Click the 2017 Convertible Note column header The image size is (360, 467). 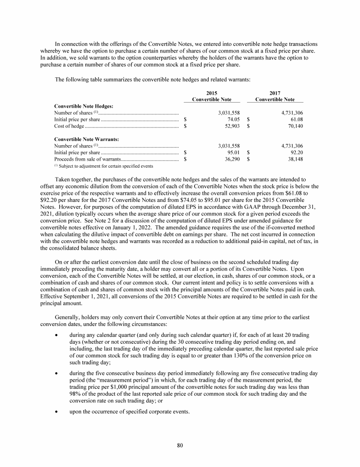[275, 96]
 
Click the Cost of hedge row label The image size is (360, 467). [69, 126]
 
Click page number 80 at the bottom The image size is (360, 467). [180, 445]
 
